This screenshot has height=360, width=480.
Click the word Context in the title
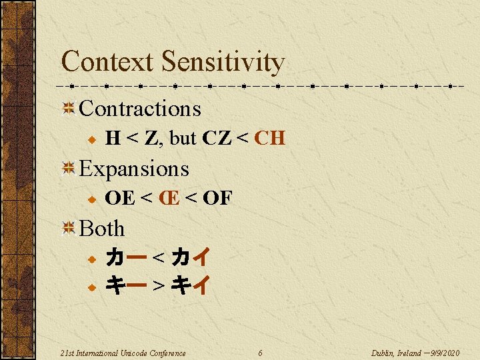coord(107,62)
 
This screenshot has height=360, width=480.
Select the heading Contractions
coord(139,108)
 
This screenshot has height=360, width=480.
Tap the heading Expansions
coord(134,169)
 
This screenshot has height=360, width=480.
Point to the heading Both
coord(102,229)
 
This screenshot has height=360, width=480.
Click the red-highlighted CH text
coord(270,139)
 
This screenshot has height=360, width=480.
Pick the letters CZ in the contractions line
coord(215,139)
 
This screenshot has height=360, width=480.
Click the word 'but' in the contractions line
coord(183,139)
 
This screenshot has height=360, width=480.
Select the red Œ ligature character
coord(169,198)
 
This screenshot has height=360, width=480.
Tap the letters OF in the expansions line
coord(217,198)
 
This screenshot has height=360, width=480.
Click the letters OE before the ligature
coord(120,198)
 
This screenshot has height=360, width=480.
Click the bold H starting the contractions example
coord(113,139)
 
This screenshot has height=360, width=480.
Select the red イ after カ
coord(201,257)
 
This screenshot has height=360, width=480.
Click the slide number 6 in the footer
coord(260,353)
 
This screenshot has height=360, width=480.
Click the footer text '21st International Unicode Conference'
coord(123,353)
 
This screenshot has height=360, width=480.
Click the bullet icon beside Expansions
coord(67,169)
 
